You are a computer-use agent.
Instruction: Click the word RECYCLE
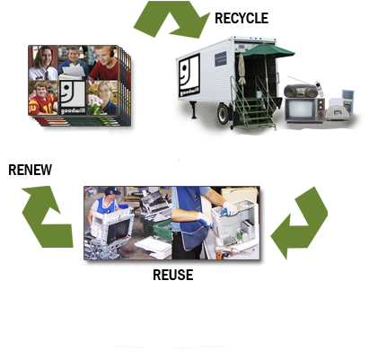(242, 18)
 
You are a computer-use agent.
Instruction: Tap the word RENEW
(30, 170)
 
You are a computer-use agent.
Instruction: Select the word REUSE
(172, 275)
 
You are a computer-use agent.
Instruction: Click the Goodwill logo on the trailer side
(189, 75)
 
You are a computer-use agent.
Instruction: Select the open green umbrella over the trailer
(267, 51)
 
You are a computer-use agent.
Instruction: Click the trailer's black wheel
(223, 114)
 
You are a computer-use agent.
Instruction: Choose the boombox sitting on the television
(300, 91)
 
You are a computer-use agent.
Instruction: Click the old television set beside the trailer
(304, 110)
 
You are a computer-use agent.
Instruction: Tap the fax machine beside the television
(337, 110)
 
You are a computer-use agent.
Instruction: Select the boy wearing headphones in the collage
(102, 63)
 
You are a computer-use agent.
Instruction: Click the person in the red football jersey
(43, 98)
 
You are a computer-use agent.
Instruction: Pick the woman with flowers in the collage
(103, 98)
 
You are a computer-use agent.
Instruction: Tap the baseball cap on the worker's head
(112, 190)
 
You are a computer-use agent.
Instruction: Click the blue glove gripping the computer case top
(230, 209)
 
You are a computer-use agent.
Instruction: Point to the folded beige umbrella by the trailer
(242, 69)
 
